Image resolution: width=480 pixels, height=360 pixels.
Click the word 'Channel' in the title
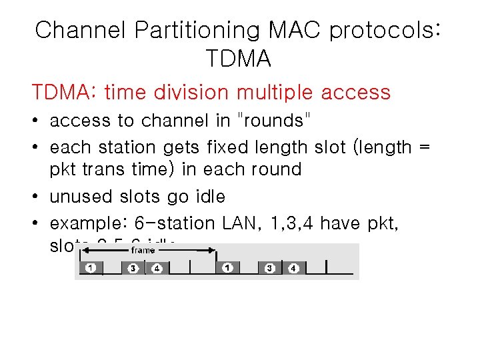(x=79, y=30)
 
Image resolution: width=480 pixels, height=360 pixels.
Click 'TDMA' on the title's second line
(x=239, y=59)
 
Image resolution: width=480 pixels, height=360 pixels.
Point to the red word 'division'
(x=231, y=92)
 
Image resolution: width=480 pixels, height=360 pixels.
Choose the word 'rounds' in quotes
(x=275, y=121)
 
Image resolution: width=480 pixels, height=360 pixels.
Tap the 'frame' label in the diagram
(x=143, y=250)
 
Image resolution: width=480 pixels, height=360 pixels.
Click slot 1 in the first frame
(x=91, y=268)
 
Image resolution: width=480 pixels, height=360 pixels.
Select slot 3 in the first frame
(x=133, y=268)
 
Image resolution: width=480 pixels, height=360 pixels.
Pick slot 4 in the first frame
(x=157, y=268)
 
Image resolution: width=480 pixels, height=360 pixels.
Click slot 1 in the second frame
(x=228, y=268)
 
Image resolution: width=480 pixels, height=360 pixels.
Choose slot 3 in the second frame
(x=270, y=268)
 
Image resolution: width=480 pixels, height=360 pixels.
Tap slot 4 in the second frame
(x=294, y=268)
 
